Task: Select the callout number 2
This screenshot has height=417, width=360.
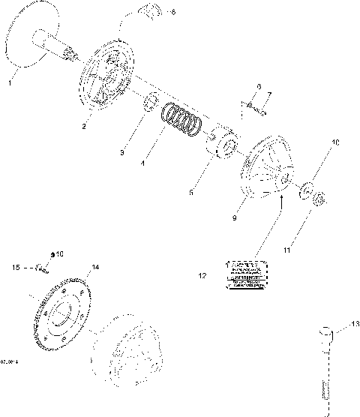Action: click(84, 127)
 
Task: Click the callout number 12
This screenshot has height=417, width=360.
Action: click(201, 276)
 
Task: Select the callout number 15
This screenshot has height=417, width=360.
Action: click(15, 266)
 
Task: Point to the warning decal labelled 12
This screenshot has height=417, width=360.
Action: click(245, 275)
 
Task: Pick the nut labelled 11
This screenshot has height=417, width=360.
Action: click(318, 199)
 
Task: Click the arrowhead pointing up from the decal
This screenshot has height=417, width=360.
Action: click(280, 199)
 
